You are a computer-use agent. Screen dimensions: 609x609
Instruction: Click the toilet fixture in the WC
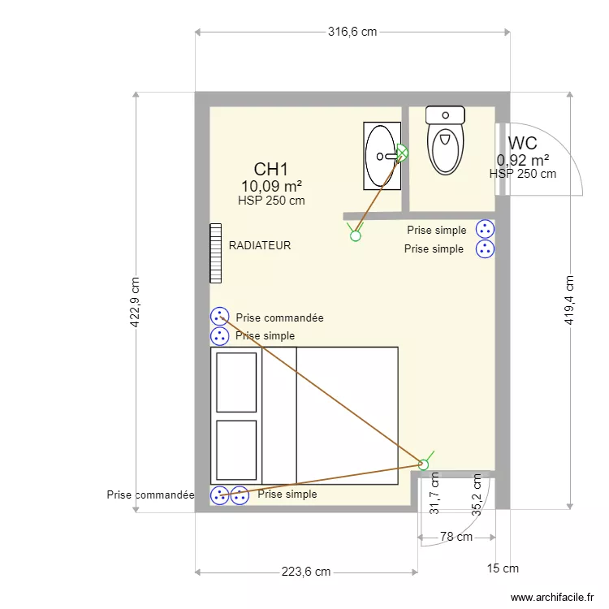445,140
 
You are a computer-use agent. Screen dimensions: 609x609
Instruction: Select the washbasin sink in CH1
382,156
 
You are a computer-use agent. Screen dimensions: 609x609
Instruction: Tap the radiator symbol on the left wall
215,253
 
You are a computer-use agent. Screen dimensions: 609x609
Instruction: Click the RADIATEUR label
260,245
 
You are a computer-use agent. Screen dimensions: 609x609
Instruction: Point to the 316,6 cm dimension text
352,32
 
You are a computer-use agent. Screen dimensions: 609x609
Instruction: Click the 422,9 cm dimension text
134,302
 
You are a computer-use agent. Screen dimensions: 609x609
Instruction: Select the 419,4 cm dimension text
569,300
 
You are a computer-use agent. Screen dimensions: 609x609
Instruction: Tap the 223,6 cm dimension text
306,572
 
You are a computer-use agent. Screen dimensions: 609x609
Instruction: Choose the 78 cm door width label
456,537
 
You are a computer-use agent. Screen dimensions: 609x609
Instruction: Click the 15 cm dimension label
503,568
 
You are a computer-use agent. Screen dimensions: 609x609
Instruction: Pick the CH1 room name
271,170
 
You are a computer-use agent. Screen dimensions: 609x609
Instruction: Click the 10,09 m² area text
271,187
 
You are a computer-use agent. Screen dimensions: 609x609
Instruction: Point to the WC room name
523,143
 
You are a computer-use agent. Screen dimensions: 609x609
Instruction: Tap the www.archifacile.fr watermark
552,597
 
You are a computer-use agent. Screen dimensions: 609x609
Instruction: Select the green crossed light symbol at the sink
403,152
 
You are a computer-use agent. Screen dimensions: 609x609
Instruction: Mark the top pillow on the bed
236,382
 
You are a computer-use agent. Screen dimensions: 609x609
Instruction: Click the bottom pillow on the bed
236,450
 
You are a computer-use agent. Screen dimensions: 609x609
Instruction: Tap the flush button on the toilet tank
446,115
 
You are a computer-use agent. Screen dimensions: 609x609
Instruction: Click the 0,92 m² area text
523,160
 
